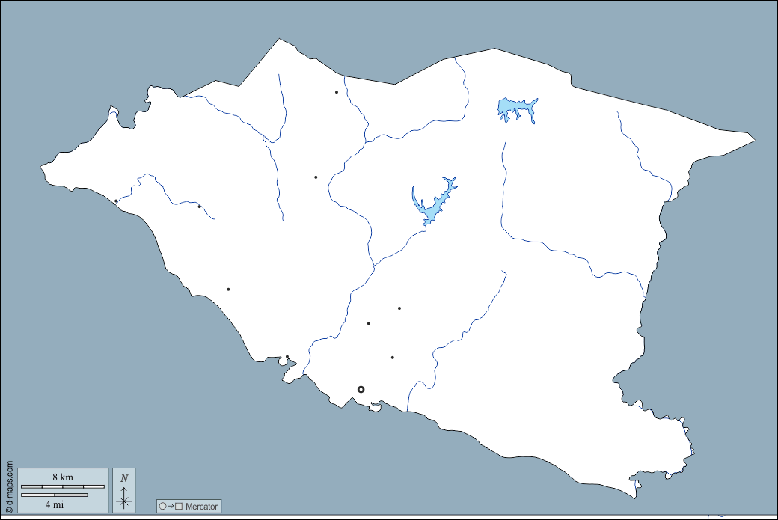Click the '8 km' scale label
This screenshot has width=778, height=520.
pos(63,477)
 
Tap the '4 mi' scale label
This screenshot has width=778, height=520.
pos(54,504)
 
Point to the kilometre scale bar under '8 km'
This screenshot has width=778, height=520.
pos(63,487)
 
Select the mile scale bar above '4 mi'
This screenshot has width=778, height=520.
pos(55,495)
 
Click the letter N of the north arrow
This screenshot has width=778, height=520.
pos(124,478)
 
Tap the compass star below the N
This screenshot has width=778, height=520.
pos(124,498)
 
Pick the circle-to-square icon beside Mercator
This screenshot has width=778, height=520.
pos(171,507)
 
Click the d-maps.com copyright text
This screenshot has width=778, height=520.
pos(9,486)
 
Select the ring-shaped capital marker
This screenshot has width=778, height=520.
pos(361,389)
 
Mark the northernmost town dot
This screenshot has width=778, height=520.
pos(337,92)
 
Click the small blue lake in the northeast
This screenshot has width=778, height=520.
pos(516,109)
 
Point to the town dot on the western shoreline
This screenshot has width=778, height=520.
pos(116,201)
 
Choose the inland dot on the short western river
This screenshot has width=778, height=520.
pos(199,207)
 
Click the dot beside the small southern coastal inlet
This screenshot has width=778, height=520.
pos(287,357)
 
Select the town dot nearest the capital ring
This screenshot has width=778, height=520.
pos(392,358)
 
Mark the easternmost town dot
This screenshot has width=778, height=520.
pos(399,308)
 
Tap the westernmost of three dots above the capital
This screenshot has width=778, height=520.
pos(369,324)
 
